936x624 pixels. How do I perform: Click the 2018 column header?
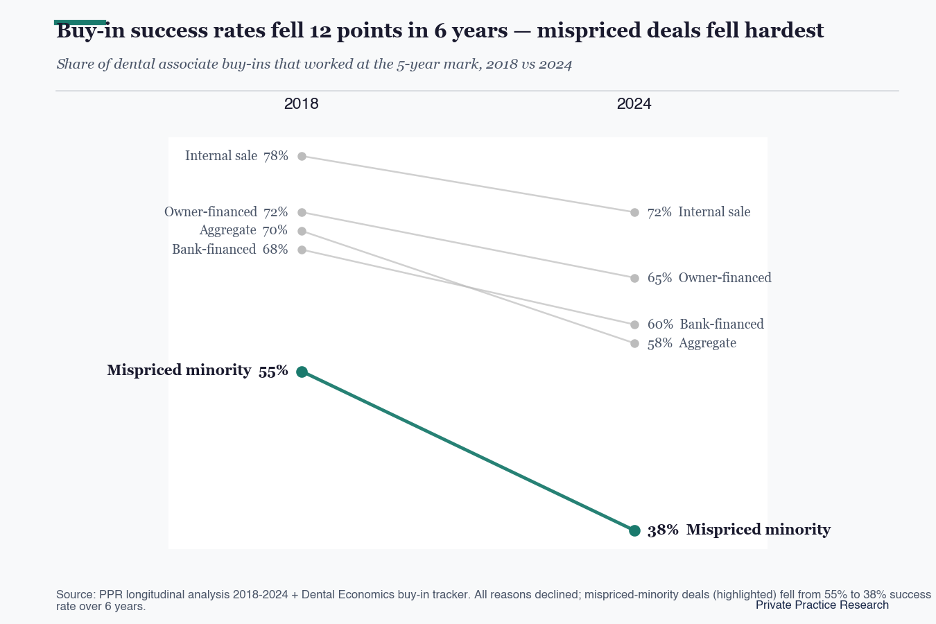(302, 103)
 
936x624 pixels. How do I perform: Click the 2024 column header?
(634, 103)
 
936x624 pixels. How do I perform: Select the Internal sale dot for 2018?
(302, 156)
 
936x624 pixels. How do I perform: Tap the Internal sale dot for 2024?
(634, 212)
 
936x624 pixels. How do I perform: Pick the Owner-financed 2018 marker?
(302, 212)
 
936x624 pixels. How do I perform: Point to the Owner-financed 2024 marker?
(634, 278)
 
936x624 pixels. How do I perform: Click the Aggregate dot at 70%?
(302, 231)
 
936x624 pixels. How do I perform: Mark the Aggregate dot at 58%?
(634, 344)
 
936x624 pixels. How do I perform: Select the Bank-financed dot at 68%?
(302, 250)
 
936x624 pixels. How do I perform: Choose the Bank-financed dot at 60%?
(634, 324)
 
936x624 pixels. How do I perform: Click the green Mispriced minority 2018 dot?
(302, 372)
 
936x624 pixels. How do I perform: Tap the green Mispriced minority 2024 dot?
(634, 530)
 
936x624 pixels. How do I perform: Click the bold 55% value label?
(273, 371)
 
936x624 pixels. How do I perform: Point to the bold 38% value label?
(663, 530)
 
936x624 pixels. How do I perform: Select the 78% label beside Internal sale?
(276, 156)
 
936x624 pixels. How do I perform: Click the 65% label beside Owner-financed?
(660, 278)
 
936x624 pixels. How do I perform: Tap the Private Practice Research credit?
(822, 605)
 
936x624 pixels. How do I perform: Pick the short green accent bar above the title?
(80, 23)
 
